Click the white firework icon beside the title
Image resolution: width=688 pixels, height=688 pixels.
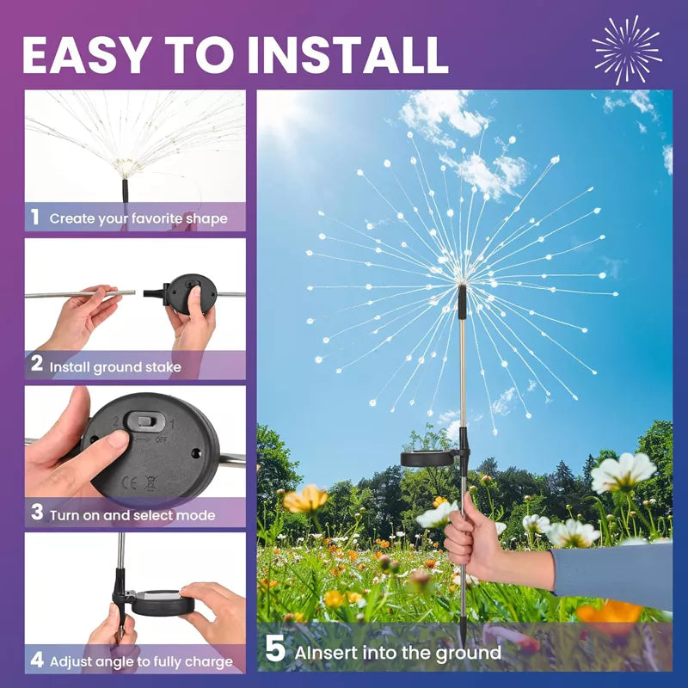pos(627,49)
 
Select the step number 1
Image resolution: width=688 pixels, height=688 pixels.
pos(35,217)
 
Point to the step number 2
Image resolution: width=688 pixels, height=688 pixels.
pos(37,364)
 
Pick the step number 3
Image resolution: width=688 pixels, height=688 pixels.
pos(37,512)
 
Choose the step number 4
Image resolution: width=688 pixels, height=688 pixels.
pos(37,660)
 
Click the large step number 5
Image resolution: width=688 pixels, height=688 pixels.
pos(275,649)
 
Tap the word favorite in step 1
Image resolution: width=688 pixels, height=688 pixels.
pos(157,218)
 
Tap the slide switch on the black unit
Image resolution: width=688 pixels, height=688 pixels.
pos(145,421)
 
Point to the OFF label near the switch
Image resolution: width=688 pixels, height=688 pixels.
pos(161,439)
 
